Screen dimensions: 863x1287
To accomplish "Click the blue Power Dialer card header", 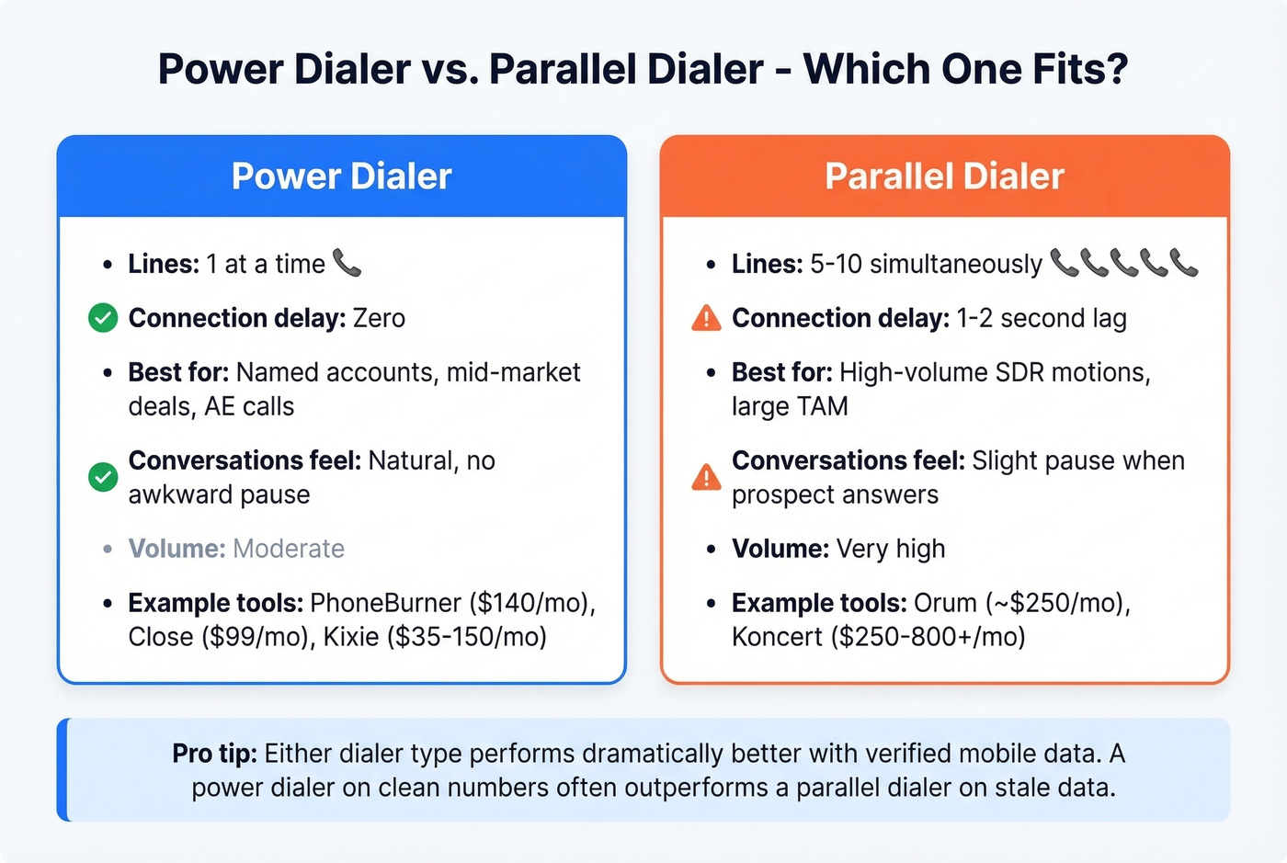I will [341, 176].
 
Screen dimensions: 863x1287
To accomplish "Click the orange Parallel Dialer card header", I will [944, 176].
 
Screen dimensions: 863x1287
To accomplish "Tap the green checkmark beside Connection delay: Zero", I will [103, 318].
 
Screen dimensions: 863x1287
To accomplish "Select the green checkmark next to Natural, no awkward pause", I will [103, 477].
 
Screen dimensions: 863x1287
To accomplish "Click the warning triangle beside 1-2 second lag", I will [706, 318].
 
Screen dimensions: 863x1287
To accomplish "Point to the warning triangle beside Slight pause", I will [706, 477].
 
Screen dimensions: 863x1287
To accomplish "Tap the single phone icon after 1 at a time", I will [347, 264].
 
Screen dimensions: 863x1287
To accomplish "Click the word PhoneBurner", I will [385, 603].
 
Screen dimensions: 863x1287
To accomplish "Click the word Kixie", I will [351, 637].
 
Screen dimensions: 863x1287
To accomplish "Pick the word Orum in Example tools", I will [944, 603].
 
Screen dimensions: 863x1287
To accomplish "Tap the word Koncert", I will [777, 637].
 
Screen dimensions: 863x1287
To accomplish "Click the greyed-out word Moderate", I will [289, 549].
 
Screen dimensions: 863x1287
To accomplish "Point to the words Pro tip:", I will [214, 754].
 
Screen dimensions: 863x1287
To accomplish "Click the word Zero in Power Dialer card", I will [379, 318].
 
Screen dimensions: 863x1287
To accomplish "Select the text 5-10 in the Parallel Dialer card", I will [836, 265].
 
